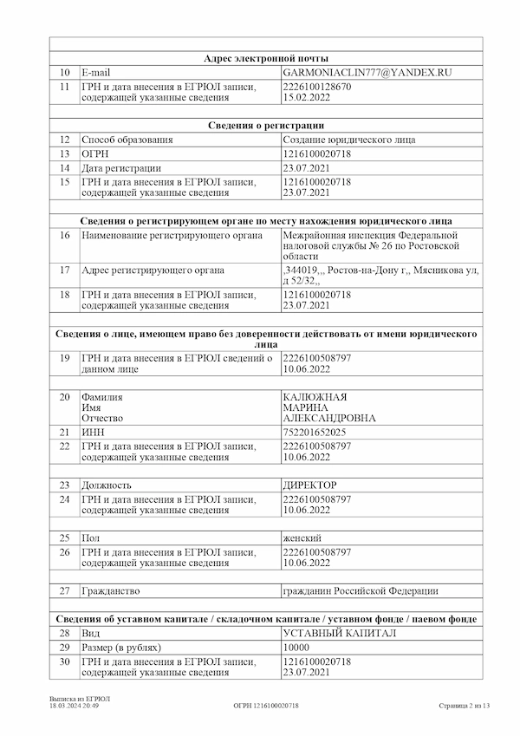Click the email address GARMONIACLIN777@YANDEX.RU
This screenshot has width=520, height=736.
(367, 74)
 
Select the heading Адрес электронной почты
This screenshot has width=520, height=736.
(266, 58)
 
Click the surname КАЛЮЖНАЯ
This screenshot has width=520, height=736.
(315, 397)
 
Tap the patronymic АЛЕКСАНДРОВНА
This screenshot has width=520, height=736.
(329, 418)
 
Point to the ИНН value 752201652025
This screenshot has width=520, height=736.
(315, 432)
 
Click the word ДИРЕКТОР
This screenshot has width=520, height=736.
(310, 485)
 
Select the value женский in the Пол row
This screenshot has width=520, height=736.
(302, 538)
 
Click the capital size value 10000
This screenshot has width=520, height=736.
(296, 648)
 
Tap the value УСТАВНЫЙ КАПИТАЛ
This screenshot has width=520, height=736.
(340, 634)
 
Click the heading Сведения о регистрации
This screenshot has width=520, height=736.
(266, 126)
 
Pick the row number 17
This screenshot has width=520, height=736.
(65, 270)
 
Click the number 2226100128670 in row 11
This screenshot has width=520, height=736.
(317, 88)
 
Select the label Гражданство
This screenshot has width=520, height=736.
(110, 591)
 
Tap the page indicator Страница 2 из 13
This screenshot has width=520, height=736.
(464, 706)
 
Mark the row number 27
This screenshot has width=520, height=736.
(65, 591)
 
